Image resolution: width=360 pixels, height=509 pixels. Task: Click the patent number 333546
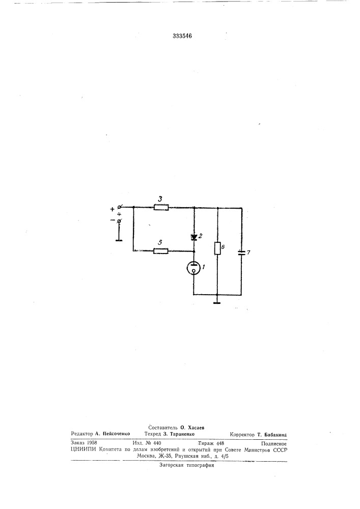pos(182,36)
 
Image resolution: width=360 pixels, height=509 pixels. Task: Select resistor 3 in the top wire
pos(161,207)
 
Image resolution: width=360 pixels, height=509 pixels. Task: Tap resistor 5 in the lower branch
pos(161,250)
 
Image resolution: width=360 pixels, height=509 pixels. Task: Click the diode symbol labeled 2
pos(194,237)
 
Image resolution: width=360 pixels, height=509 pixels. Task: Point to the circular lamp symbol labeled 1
pos(194,268)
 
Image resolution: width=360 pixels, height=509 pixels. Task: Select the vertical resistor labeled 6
pos(217,248)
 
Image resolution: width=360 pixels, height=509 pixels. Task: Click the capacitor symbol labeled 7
pos(241,252)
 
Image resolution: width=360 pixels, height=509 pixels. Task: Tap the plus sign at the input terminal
pos(113,209)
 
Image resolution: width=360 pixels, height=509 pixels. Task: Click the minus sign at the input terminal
pos(113,221)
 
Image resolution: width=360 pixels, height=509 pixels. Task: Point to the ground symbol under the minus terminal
pos(119,241)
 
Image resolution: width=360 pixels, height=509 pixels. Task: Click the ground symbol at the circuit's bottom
pos(217,303)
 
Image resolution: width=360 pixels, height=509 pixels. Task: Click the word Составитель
pos(163,428)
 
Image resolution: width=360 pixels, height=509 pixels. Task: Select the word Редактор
pos(82,434)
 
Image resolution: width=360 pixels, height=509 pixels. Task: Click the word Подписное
pos(273,443)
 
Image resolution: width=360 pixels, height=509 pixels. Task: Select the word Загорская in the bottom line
pos(171,465)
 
